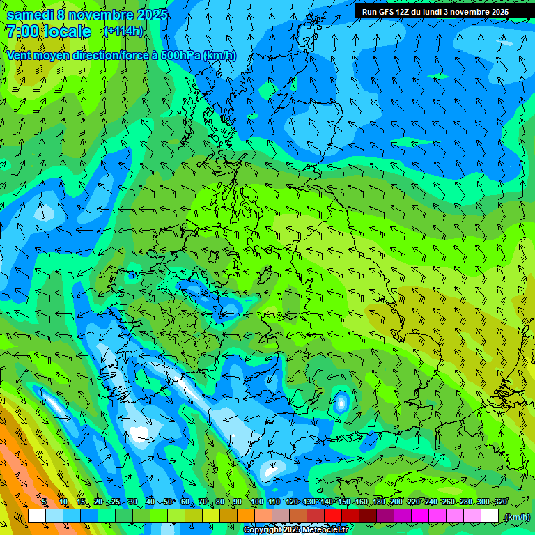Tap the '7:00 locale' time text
click(48, 31)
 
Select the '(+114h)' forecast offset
click(123, 31)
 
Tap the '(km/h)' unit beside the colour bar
click(516, 517)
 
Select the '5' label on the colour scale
click(44, 502)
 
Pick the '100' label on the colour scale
click(256, 502)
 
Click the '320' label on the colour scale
click(499, 502)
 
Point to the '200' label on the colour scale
click(396, 502)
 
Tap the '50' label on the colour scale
click(168, 502)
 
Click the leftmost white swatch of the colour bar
click(37, 516)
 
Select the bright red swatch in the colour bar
click(333, 516)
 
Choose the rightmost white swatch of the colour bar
click(490, 516)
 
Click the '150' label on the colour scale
click(344, 502)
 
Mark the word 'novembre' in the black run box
click(465, 12)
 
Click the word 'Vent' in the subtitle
click(20, 55)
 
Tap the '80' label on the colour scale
click(220, 502)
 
